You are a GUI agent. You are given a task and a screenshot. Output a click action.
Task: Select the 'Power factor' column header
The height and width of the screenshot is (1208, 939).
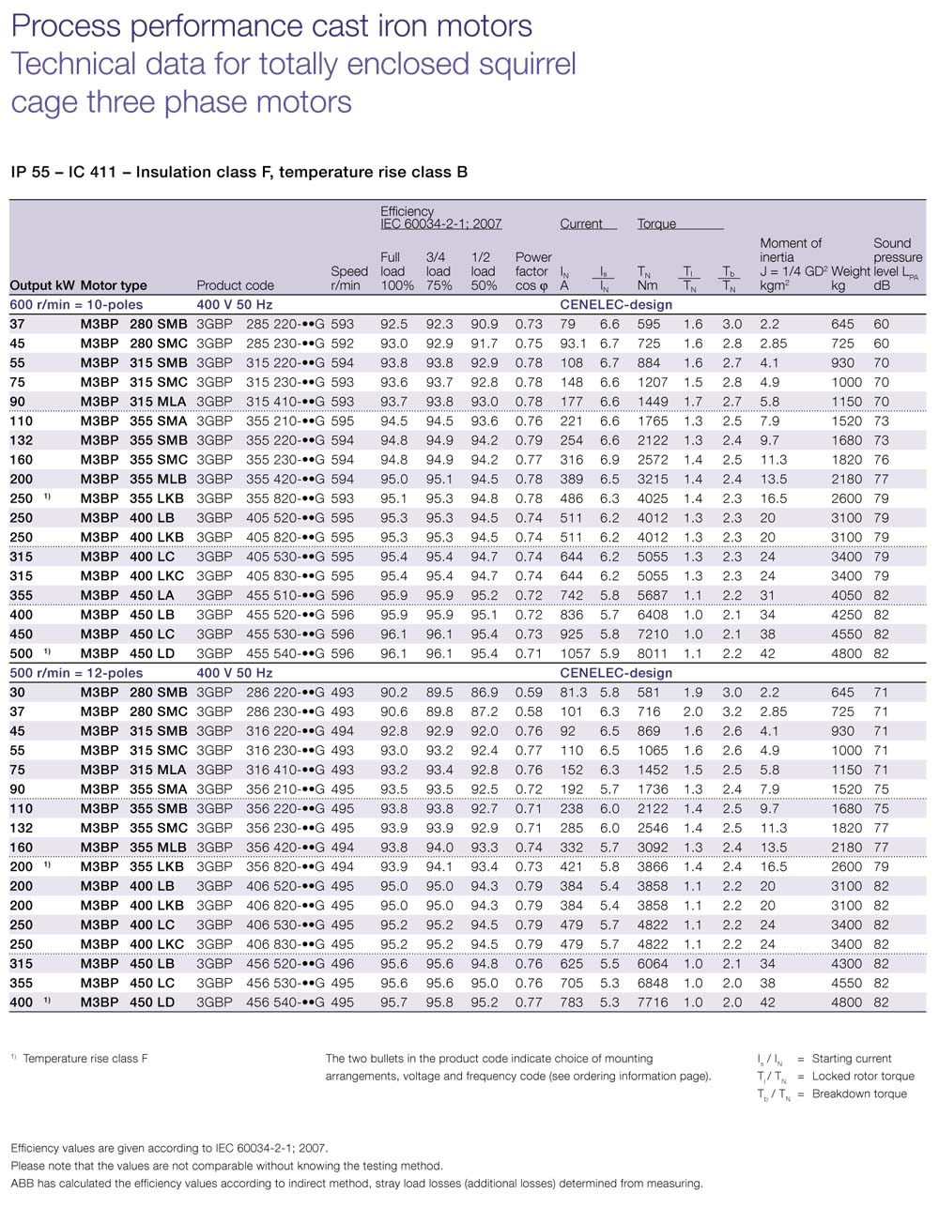532,270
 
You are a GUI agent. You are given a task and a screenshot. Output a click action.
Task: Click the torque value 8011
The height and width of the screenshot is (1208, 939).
652,653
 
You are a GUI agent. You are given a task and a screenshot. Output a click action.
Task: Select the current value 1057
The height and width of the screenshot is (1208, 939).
576,653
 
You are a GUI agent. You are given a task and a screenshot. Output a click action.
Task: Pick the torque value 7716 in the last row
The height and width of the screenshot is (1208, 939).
652,1002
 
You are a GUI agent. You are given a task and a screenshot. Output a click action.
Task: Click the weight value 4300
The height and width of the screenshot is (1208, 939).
846,963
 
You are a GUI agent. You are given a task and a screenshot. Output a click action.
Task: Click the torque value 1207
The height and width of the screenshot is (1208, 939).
652,382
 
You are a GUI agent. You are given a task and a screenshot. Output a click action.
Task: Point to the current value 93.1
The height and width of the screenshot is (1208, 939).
573,344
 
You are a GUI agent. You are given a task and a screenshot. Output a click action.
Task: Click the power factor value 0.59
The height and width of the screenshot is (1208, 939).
529,692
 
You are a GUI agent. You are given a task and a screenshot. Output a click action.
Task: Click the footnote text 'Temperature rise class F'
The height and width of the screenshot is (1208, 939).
85,1059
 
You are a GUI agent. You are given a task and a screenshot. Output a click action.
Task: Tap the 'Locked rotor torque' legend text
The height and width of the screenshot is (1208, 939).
863,1077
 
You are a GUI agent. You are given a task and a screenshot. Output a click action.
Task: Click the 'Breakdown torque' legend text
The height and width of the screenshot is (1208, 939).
859,1094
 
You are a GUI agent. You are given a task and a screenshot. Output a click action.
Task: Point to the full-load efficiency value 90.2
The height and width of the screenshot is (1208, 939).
394,692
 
